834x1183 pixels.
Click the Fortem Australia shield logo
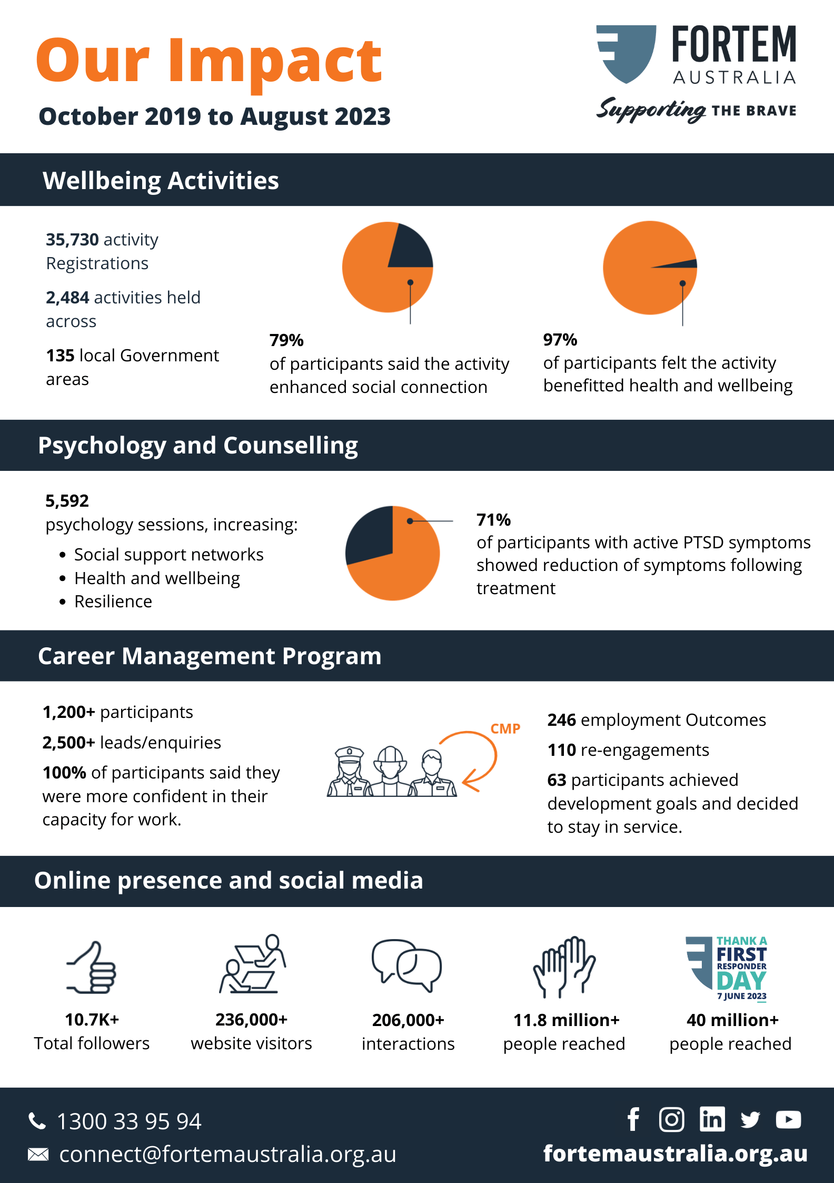627,53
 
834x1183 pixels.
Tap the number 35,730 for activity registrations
72,240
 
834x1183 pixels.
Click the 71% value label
493,520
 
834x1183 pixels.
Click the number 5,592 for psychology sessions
67,501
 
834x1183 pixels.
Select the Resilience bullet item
113,602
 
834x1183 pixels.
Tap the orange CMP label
505,729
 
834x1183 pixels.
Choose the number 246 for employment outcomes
562,720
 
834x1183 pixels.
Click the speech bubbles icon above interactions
407,965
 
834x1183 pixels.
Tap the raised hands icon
564,967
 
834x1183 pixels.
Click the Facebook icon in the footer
633,1119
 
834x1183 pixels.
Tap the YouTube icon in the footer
788,1120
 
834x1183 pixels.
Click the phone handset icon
37,1121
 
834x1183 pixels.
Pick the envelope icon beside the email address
38,1155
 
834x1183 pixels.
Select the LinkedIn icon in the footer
712,1119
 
